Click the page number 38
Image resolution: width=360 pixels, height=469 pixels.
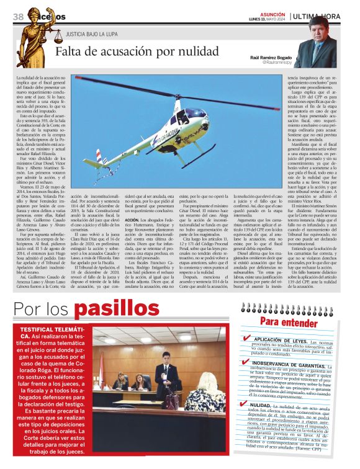(18, 16)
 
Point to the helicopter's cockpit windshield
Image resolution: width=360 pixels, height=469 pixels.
(197, 115)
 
